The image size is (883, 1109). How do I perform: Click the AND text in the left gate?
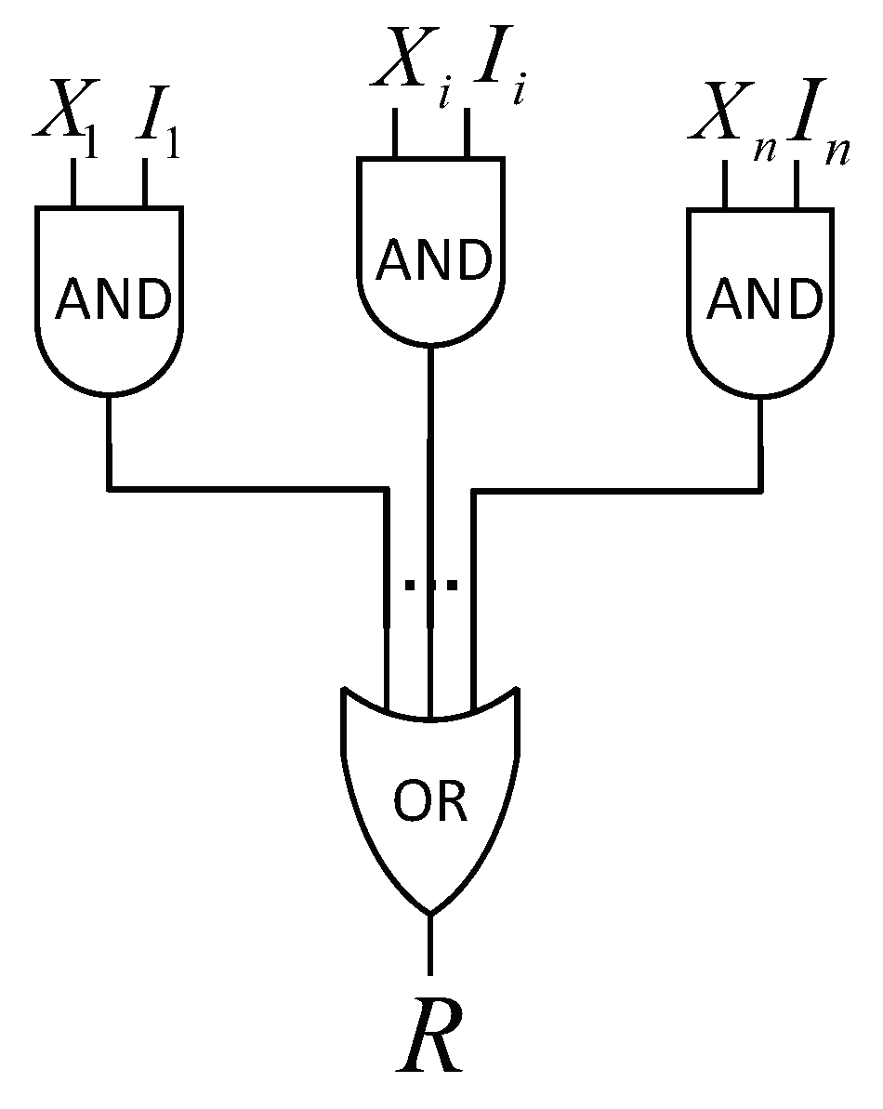113,299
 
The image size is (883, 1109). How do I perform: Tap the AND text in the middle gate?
433,260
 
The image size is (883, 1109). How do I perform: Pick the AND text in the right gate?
765,299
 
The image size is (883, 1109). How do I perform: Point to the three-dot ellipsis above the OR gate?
430,586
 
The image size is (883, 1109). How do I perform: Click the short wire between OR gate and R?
430,944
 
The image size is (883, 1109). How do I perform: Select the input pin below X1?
73,182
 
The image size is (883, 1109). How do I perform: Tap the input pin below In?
797,182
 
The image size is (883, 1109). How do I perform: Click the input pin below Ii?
468,133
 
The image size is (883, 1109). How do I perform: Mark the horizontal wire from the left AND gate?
246,486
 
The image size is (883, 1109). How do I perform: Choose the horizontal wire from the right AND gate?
618,486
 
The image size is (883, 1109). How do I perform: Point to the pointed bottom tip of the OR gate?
430,911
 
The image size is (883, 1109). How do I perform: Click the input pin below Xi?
396,133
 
